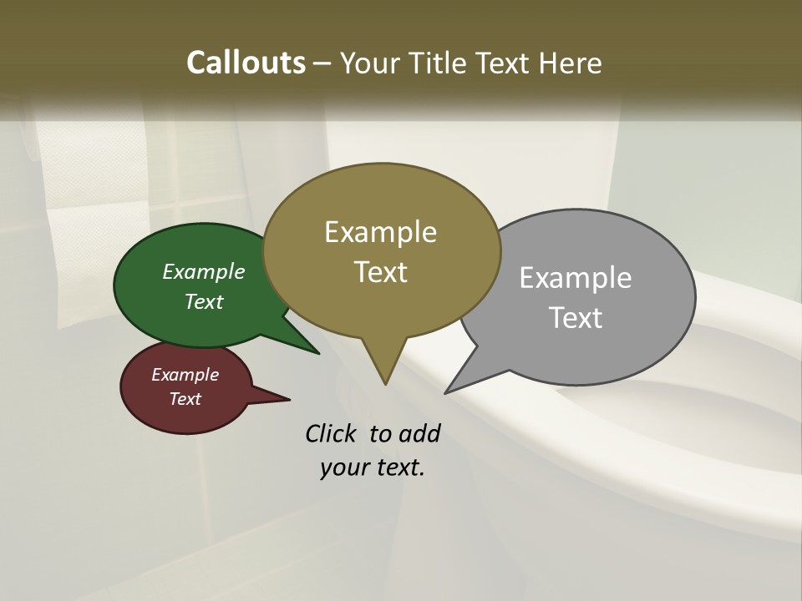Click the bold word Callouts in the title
tap(246, 63)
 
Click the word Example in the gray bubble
tap(576, 278)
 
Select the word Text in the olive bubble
tap(381, 272)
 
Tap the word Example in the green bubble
tap(204, 272)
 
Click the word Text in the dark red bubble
tap(185, 399)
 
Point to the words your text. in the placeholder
tap(372, 467)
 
